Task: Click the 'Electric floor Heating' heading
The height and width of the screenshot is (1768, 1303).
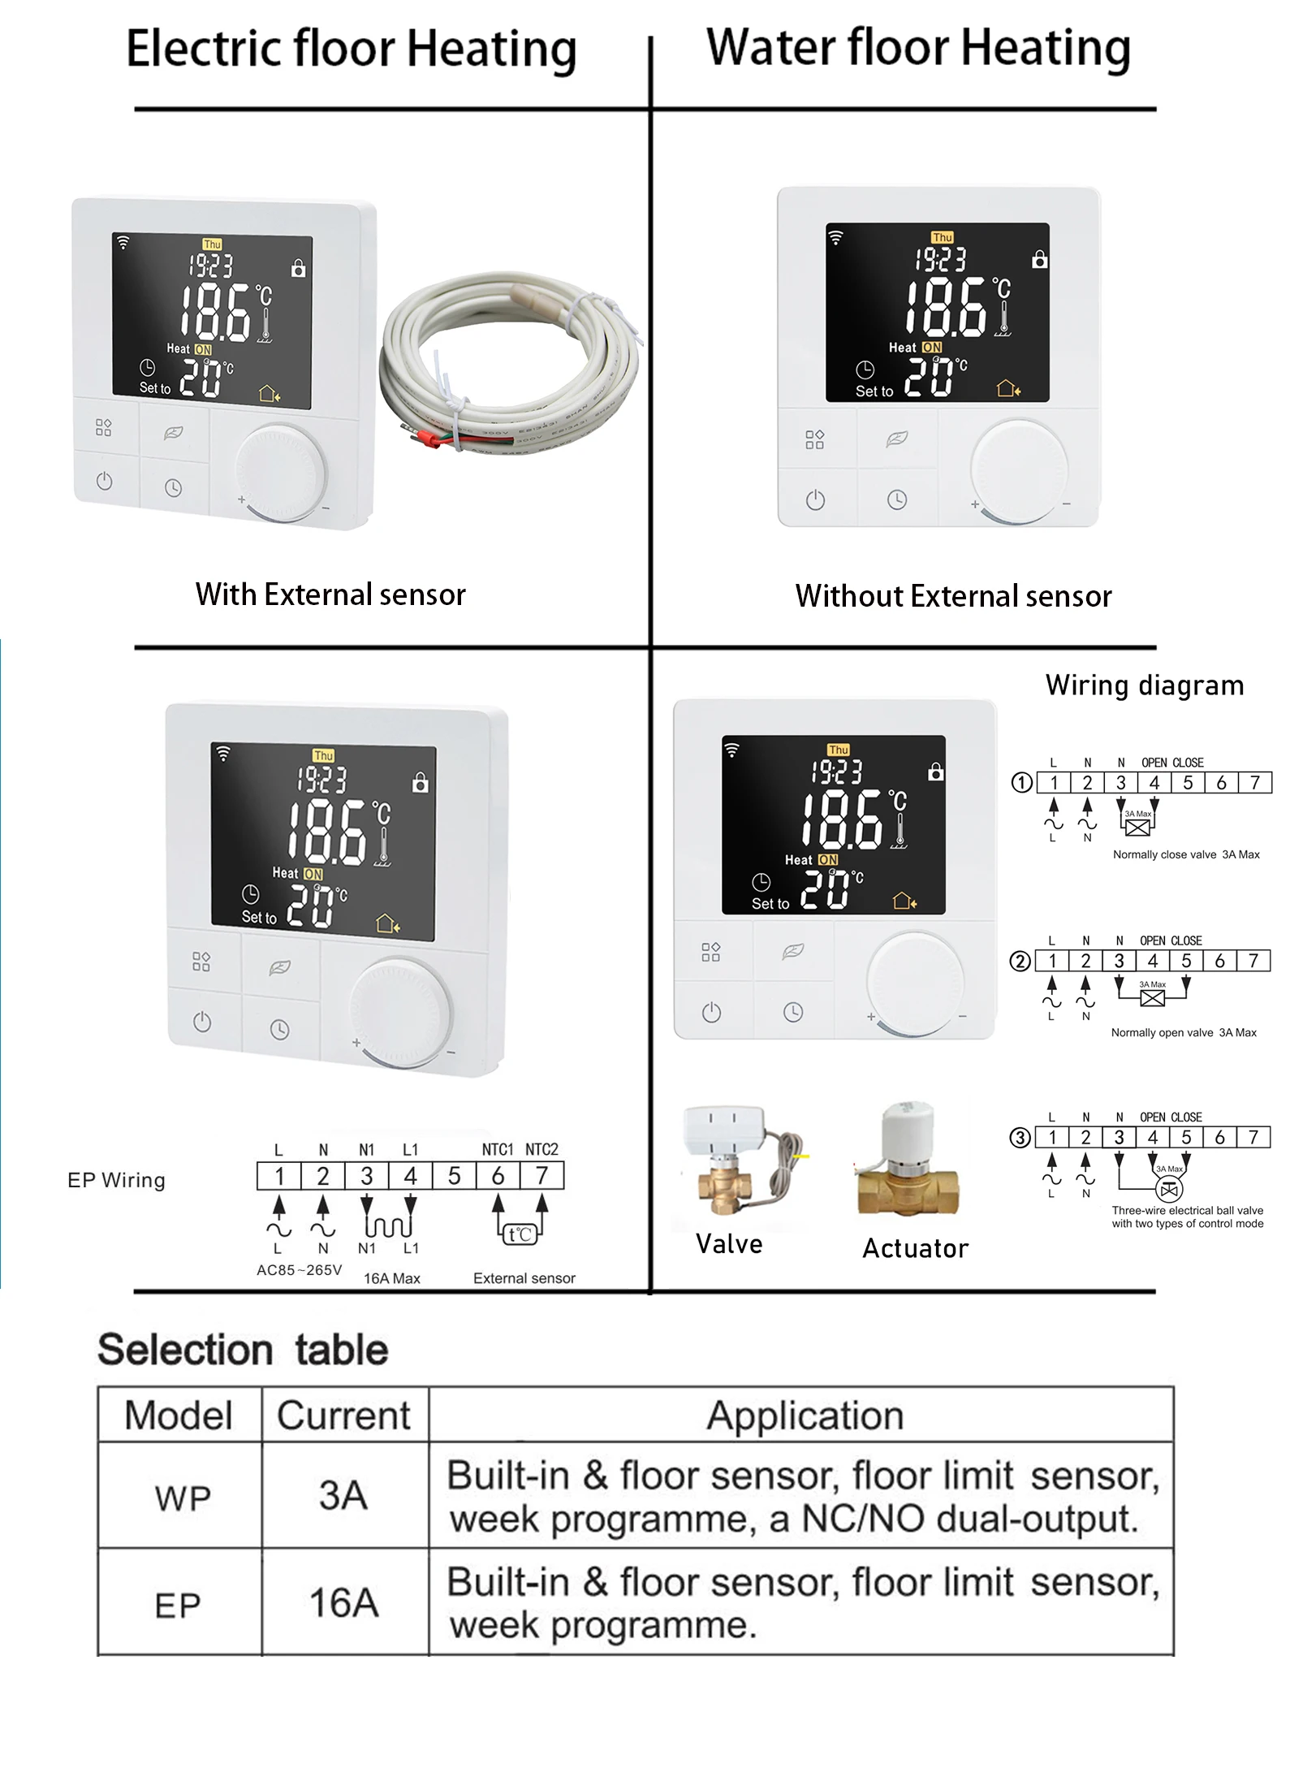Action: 351,49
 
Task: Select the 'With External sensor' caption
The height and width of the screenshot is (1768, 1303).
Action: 330,594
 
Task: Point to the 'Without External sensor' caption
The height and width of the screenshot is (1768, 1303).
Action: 953,596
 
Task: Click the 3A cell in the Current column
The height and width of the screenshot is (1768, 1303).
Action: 343,1495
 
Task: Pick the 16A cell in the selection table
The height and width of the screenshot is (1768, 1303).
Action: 343,1602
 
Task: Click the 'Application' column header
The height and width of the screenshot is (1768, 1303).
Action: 805,1416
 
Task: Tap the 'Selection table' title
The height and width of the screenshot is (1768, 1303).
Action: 243,1350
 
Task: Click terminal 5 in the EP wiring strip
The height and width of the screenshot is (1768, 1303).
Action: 454,1176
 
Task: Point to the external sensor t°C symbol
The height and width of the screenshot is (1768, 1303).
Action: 520,1234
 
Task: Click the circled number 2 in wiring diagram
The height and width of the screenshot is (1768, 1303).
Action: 1020,962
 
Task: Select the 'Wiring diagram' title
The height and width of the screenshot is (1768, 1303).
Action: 1144,685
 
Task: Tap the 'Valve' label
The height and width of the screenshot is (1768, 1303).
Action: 729,1244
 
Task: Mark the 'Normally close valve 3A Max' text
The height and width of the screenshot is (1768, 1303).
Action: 1185,854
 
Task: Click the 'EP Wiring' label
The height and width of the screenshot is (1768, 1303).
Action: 116,1180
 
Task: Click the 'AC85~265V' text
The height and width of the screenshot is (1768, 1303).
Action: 299,1270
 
